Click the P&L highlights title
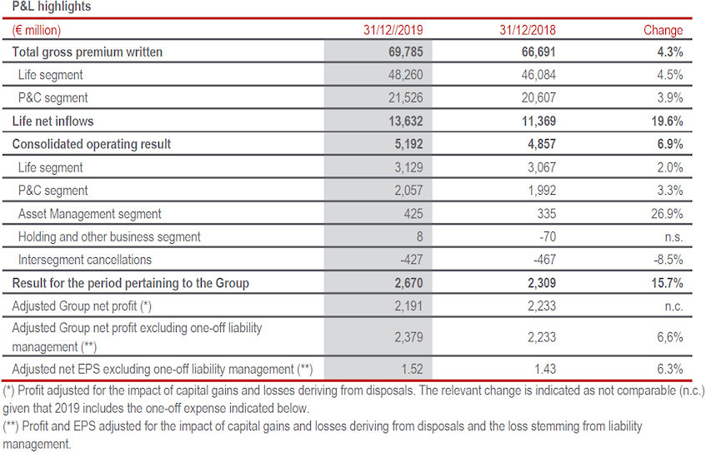click(x=52, y=7)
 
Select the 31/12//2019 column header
click(x=393, y=30)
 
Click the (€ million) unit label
click(x=37, y=30)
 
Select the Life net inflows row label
click(x=53, y=121)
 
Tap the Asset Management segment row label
click(x=90, y=214)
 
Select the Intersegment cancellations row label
click(x=85, y=260)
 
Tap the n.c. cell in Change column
click(x=671, y=306)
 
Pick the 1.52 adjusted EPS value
click(x=410, y=369)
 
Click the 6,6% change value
click(x=669, y=337)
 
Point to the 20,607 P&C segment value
click(x=538, y=97)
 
